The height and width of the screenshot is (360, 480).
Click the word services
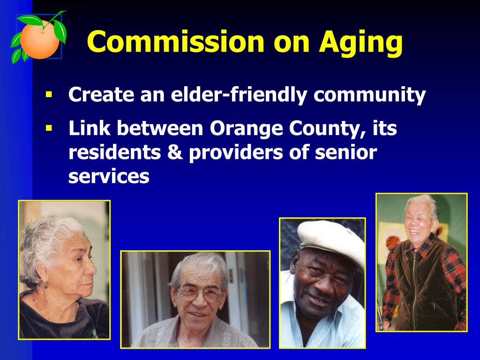click(x=109, y=177)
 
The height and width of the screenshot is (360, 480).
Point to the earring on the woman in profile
click(x=46, y=285)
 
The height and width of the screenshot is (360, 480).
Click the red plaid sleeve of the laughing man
click(x=456, y=281)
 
